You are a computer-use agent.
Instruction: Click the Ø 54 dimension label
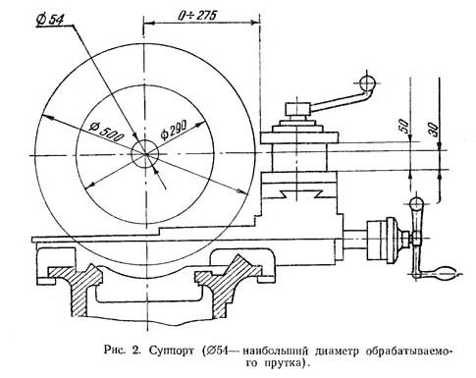(x=50, y=21)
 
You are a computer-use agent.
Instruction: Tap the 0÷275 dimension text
(x=197, y=15)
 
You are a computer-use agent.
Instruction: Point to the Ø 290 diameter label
(x=174, y=130)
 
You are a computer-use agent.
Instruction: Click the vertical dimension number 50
(x=404, y=125)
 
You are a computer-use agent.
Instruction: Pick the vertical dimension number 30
(x=433, y=129)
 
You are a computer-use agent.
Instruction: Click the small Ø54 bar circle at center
(x=145, y=153)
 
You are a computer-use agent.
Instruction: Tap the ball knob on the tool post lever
(x=367, y=83)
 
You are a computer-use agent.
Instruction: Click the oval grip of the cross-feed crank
(x=445, y=273)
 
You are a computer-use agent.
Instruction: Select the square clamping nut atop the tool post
(x=297, y=109)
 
